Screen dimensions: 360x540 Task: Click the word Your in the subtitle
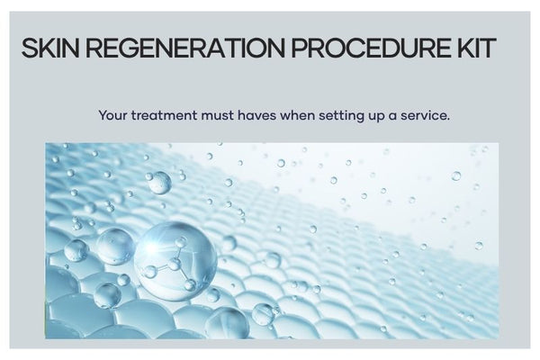tap(113, 115)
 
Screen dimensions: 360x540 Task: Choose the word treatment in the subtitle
tap(165, 115)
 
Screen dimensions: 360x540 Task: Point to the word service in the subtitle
tap(425, 115)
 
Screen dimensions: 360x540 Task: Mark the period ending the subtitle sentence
tap(447, 119)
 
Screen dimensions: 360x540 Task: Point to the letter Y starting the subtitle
tap(103, 115)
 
